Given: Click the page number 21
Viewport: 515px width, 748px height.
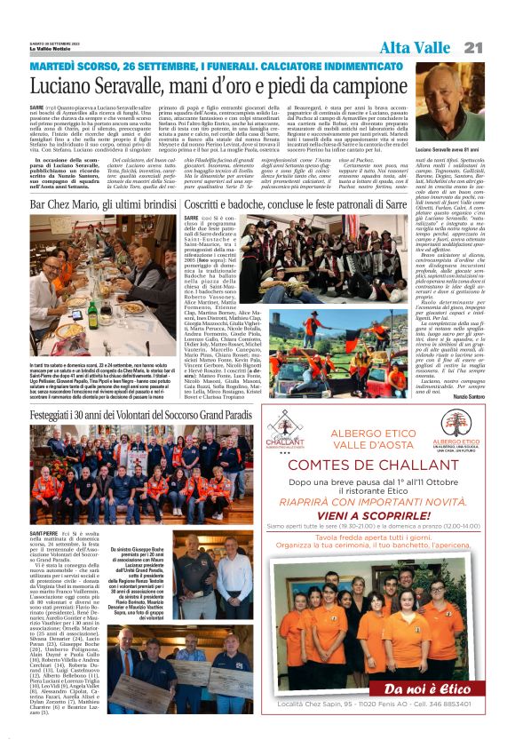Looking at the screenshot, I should point(473,47).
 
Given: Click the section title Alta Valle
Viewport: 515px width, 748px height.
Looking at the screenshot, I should point(416,47).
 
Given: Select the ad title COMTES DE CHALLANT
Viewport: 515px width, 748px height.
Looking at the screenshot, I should point(374,466).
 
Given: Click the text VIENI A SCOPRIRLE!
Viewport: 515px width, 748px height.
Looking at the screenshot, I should point(374,514).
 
